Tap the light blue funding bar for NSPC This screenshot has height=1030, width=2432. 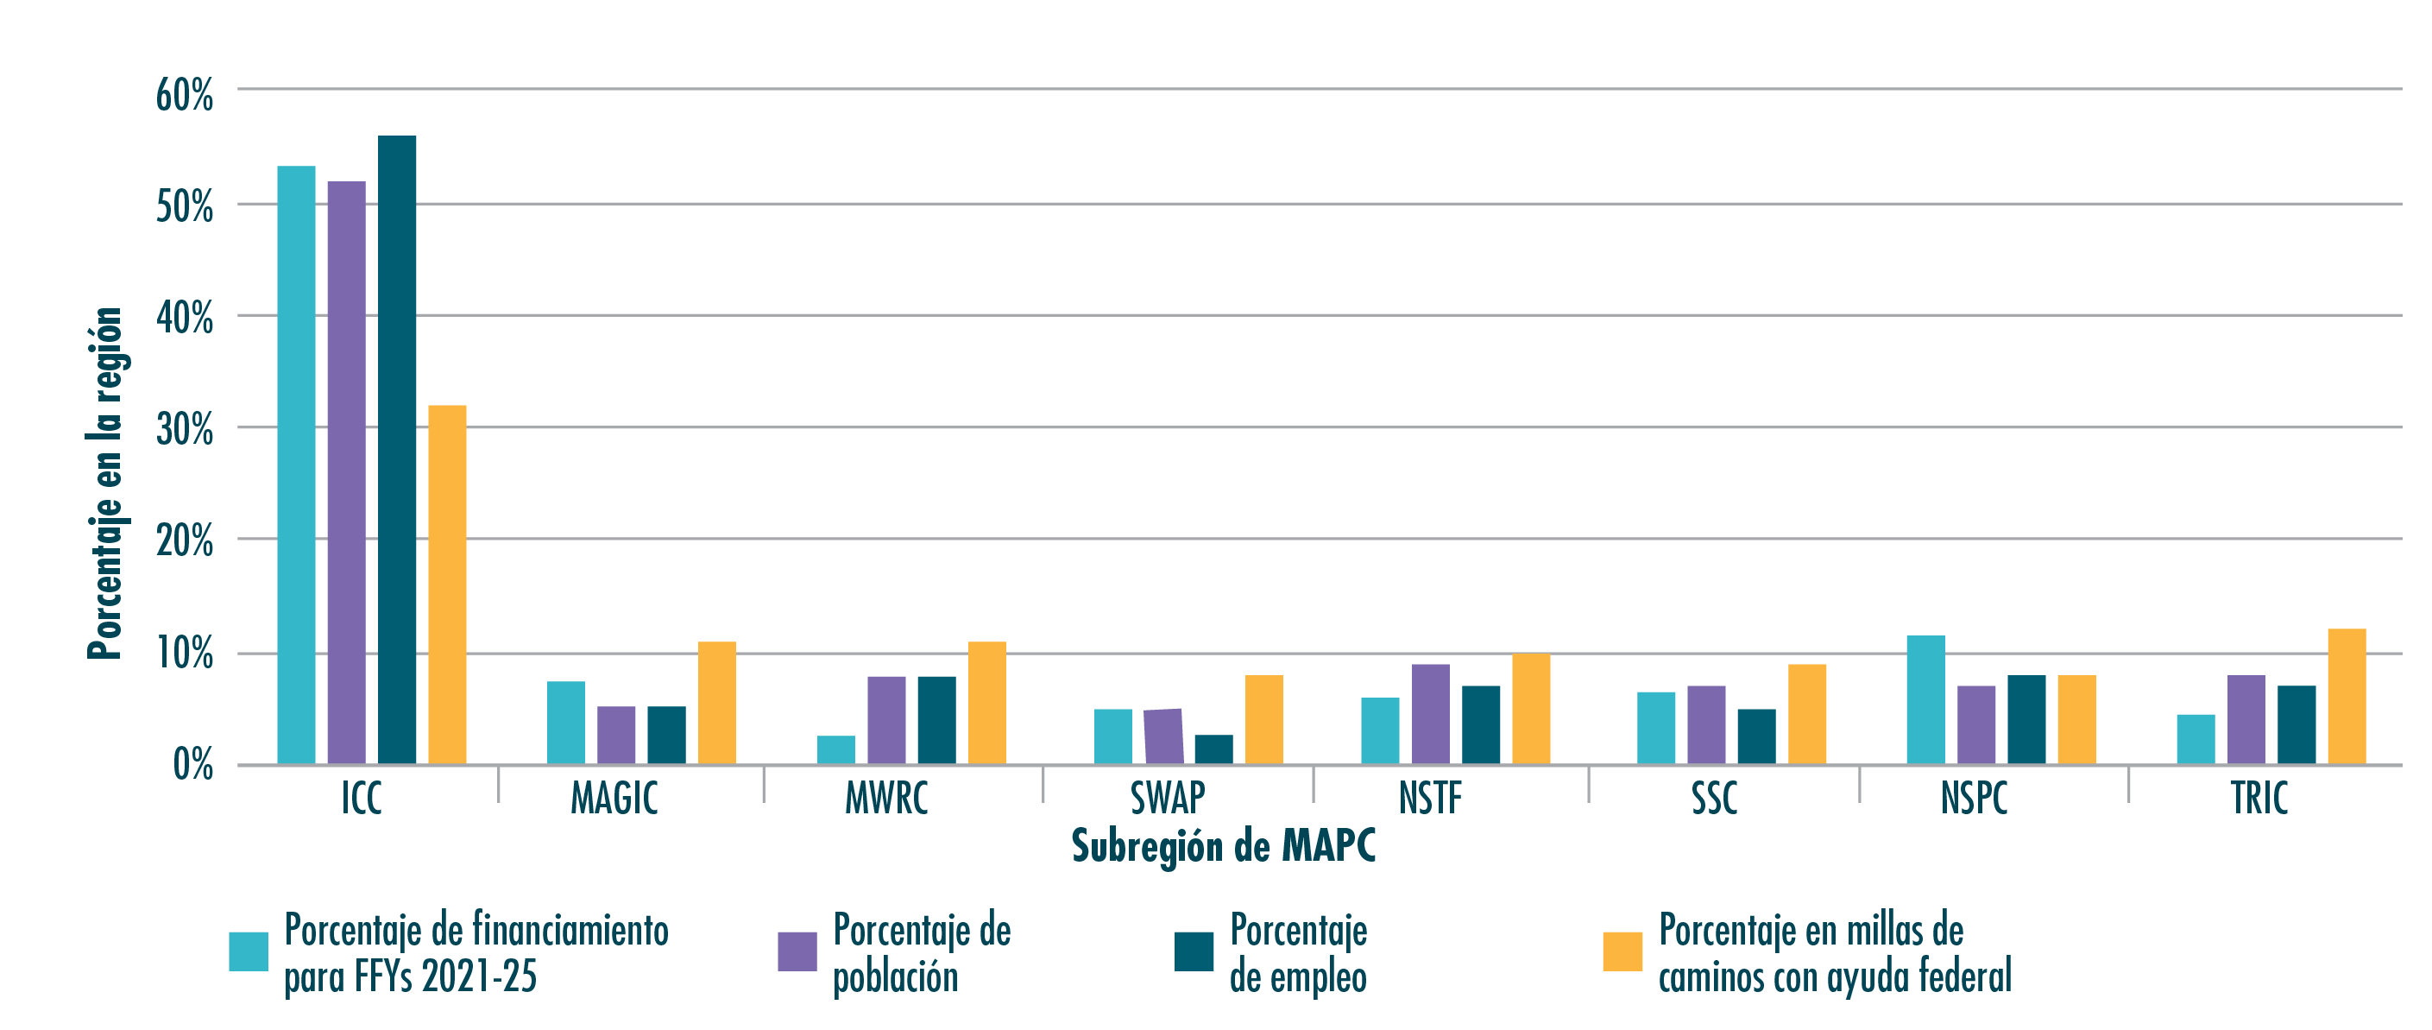click(1925, 699)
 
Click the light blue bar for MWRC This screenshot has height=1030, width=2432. click(835, 749)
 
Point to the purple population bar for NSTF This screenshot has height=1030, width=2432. click(1430, 714)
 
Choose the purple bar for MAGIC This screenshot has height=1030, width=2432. click(615, 735)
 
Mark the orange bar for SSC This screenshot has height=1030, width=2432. click(1807, 714)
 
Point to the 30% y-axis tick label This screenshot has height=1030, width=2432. click(185, 431)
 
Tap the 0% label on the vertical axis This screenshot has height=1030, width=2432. click(193, 765)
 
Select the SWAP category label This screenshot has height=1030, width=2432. click(1168, 799)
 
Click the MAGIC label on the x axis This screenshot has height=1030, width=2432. click(614, 799)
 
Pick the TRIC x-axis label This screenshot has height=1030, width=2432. click(2259, 799)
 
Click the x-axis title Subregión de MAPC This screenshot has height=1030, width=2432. click(1224, 846)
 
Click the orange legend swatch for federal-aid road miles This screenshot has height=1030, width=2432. click(1622, 951)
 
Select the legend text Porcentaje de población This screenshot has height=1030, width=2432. click(922, 953)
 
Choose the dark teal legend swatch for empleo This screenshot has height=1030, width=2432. click(1194, 951)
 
